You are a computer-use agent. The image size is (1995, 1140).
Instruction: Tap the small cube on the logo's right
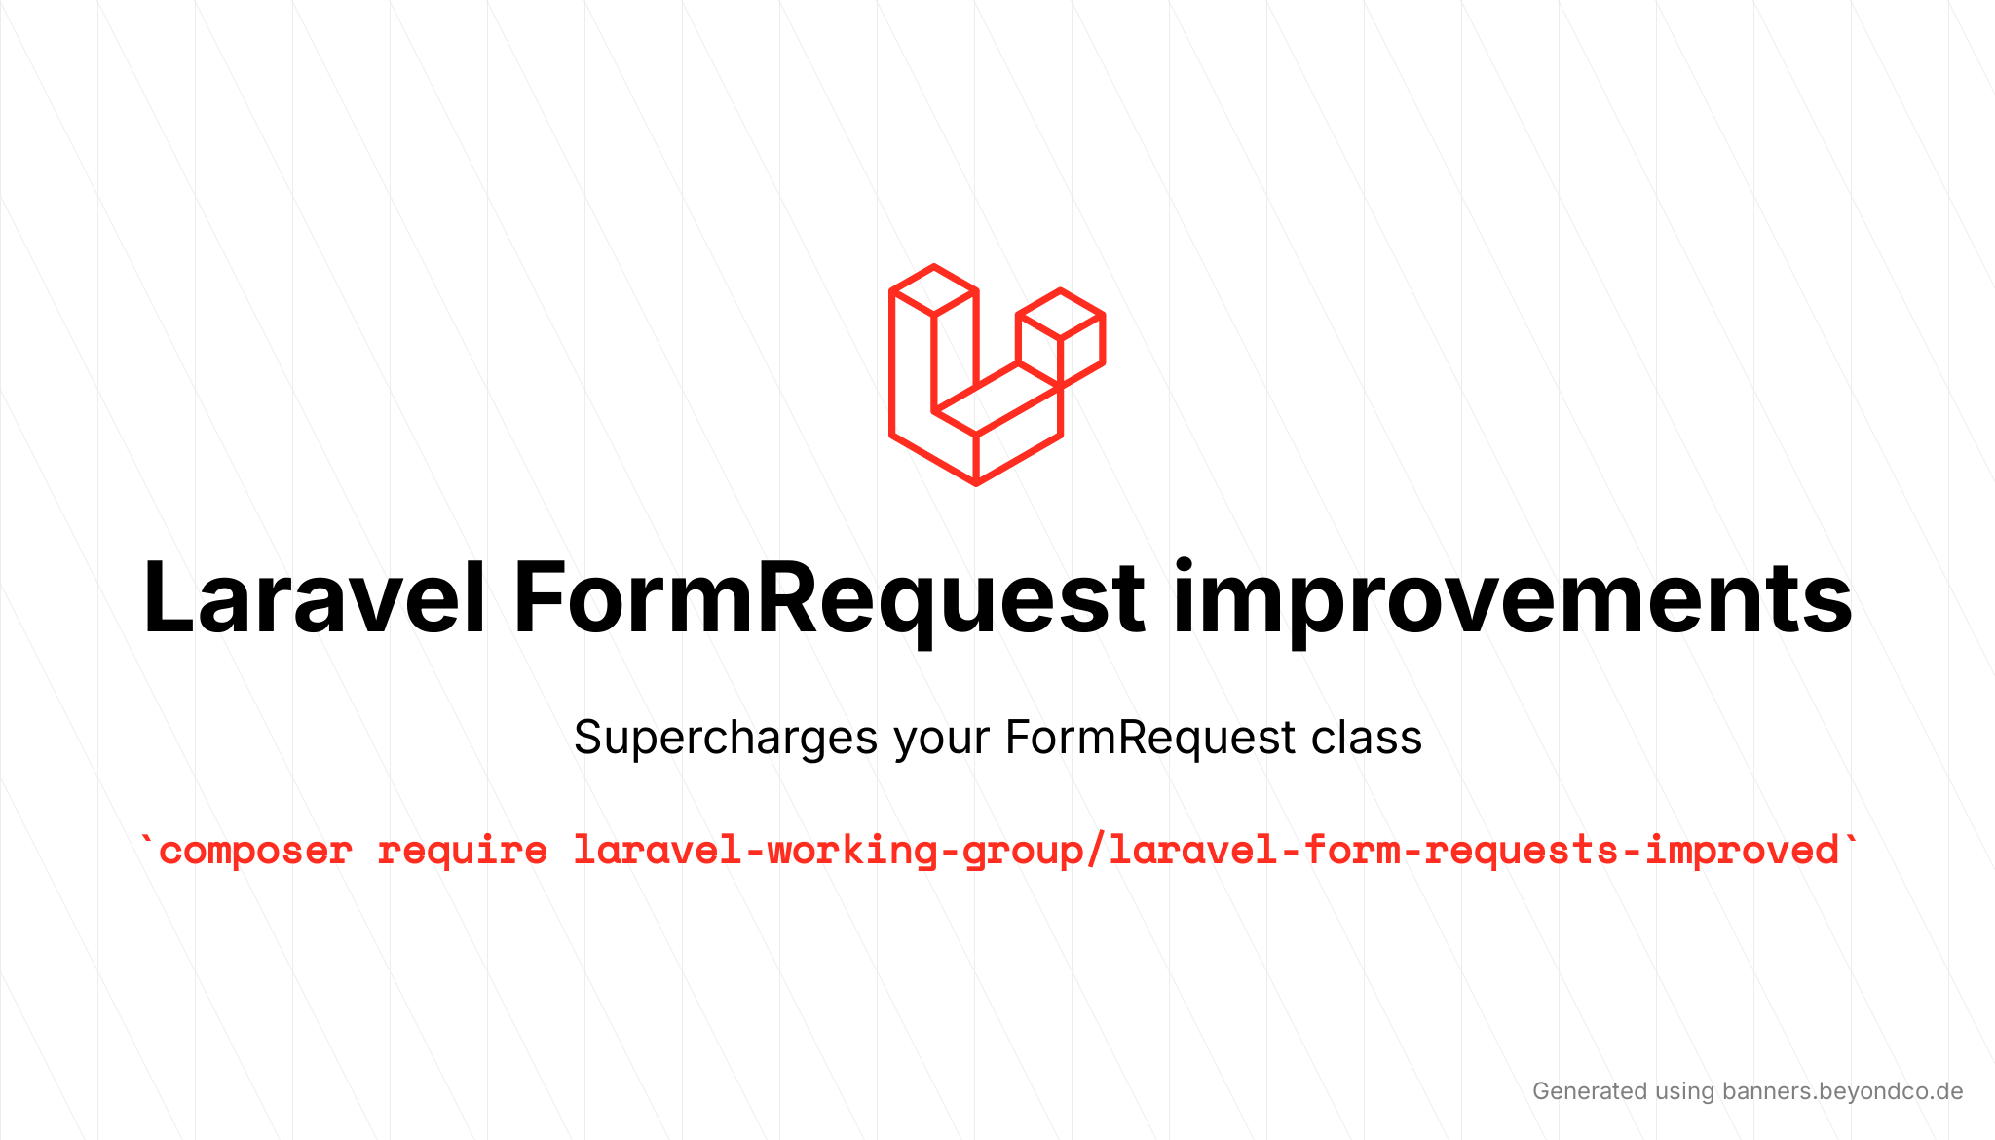point(1061,337)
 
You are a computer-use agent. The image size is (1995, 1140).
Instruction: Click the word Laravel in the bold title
point(314,598)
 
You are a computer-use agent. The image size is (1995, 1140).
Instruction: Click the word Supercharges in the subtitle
point(726,739)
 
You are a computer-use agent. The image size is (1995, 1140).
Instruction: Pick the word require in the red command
point(463,851)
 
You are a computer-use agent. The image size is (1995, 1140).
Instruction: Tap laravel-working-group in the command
point(828,851)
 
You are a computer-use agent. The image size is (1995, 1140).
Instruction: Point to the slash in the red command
point(1096,851)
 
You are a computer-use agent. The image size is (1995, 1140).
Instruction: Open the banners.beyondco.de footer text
point(1842,1091)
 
